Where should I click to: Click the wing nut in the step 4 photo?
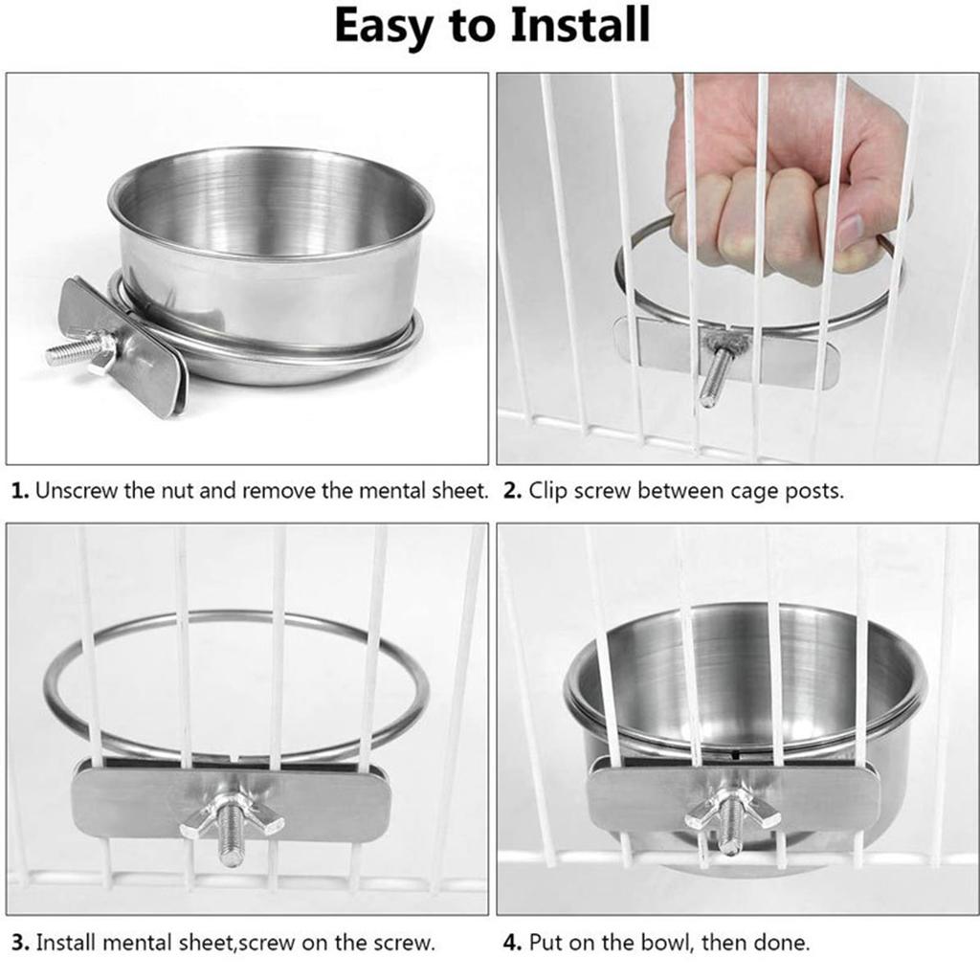pyautogui.click(x=731, y=812)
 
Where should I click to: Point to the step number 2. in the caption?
pyautogui.click(x=512, y=492)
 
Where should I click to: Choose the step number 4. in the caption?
pyautogui.click(x=512, y=943)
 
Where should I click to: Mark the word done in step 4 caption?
pyautogui.click(x=781, y=943)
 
